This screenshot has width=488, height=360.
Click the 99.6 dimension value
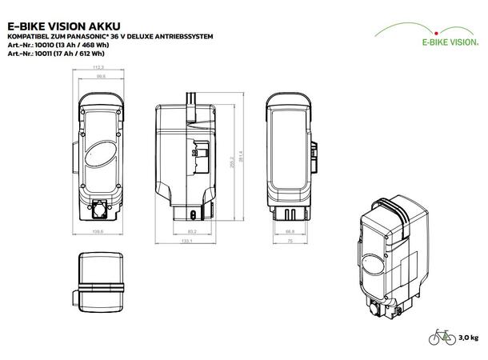(100, 78)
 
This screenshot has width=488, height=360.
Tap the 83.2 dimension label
(193, 232)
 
